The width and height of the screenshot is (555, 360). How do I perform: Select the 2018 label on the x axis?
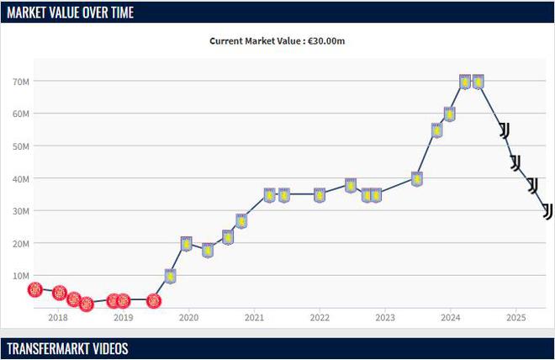point(58,318)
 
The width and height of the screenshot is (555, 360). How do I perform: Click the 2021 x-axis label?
point(254,318)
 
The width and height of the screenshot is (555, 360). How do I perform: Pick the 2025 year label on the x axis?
point(516,318)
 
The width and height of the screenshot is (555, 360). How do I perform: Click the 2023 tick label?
point(385,318)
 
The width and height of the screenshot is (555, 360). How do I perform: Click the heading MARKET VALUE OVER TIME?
point(71,12)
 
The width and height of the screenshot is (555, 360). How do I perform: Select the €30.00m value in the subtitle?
point(326,40)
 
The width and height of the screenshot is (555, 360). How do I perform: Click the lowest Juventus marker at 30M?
point(547,210)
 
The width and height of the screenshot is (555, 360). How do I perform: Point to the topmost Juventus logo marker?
point(505,130)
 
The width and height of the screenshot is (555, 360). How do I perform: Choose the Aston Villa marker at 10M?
point(170,276)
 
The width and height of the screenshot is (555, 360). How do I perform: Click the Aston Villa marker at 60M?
point(450,114)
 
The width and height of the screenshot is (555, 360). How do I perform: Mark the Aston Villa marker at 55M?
point(436,130)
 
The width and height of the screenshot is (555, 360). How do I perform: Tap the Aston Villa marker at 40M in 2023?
point(416,178)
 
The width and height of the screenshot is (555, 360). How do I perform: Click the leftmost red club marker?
point(35,289)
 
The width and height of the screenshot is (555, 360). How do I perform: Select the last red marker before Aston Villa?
point(153,300)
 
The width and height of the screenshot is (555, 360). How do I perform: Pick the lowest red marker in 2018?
point(86,304)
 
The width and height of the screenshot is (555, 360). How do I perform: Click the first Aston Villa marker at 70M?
point(465,82)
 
